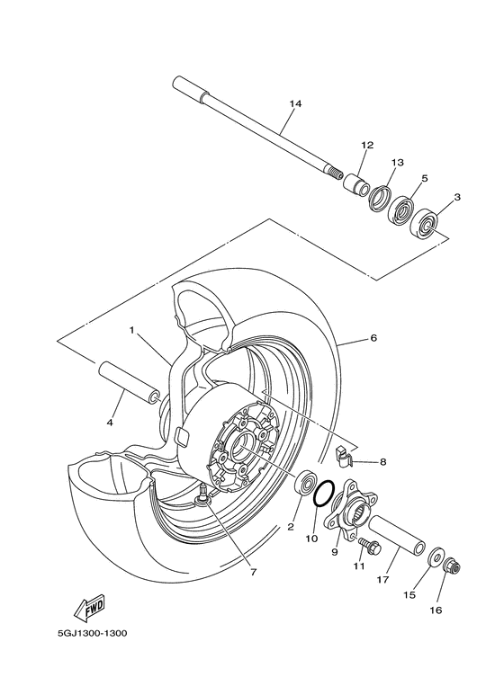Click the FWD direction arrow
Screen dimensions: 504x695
[89, 606]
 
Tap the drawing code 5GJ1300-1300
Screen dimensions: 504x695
[93, 633]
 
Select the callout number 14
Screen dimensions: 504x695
[295, 103]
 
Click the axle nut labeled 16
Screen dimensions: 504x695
[451, 566]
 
